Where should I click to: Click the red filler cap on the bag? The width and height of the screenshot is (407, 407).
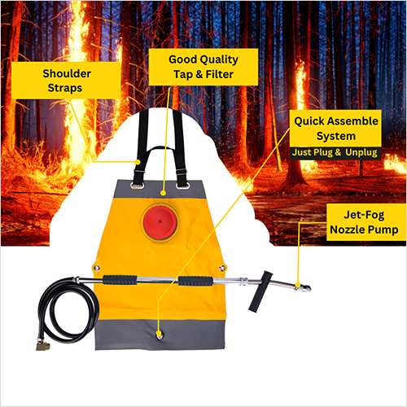pos(160,222)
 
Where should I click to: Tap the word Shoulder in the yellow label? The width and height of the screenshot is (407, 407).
pos(67,73)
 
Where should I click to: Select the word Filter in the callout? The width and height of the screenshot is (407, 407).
pos(220,74)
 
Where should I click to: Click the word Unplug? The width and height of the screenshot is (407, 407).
pos(361,152)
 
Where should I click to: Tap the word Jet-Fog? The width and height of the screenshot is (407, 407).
pos(364,215)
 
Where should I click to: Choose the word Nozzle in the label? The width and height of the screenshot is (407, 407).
pos(346,230)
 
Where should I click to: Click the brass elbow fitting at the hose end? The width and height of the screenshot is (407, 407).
pos(43,345)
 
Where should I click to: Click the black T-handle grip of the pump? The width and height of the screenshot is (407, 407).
pos(260,291)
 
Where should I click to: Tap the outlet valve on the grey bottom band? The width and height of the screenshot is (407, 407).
pos(160,335)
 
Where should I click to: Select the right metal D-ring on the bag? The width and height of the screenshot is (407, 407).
pos(182,186)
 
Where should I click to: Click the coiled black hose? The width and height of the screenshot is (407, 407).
pos(68,310)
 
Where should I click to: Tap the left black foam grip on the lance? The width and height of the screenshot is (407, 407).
pos(120,280)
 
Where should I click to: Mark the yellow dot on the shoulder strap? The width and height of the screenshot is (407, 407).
pos(138,162)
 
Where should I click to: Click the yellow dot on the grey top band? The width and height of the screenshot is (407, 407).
pos(163,193)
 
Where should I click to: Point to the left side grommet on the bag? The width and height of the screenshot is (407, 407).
pos(97,268)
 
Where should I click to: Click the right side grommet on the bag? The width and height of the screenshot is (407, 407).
pos(222,268)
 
